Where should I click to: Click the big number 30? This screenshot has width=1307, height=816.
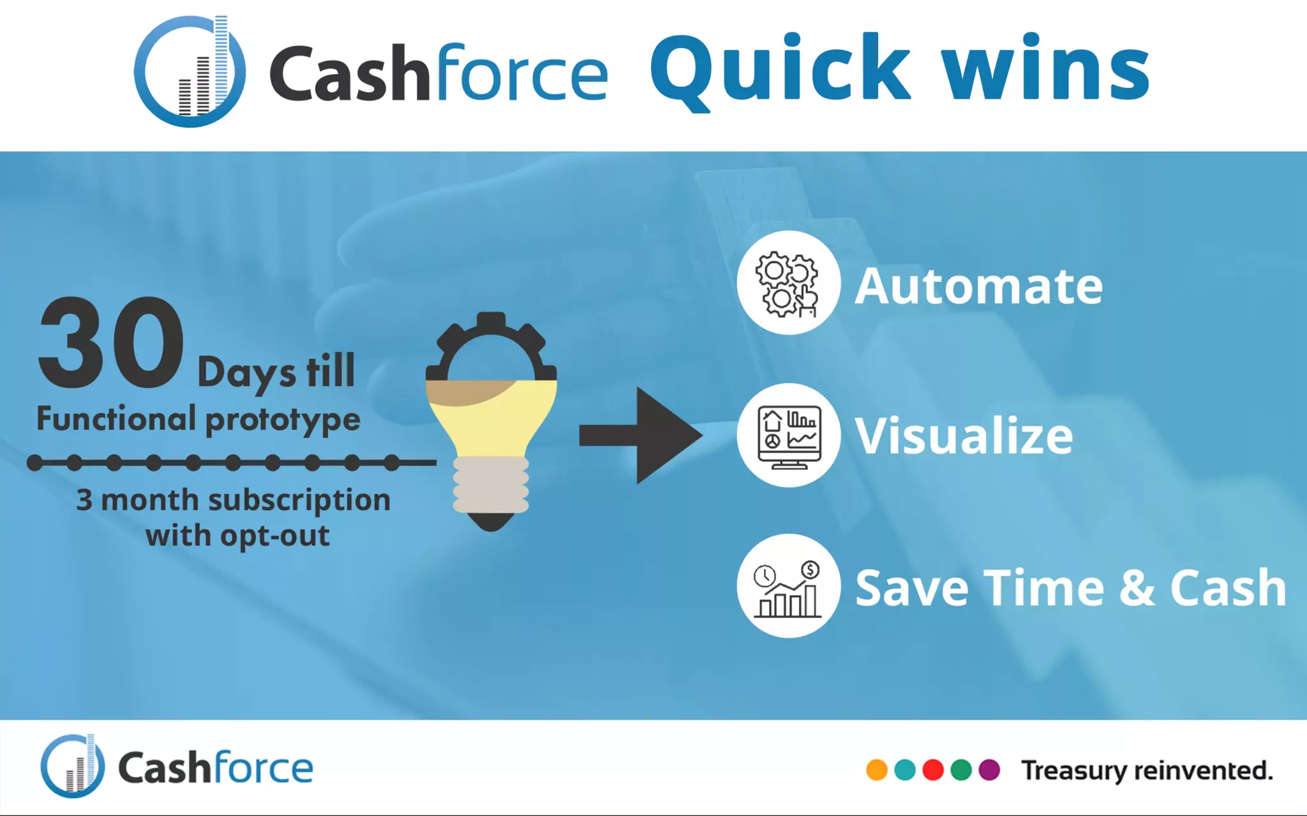pyautogui.click(x=112, y=343)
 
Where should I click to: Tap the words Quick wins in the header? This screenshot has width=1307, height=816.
pyautogui.click(x=900, y=69)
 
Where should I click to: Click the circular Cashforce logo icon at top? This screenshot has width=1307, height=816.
pyautogui.click(x=190, y=72)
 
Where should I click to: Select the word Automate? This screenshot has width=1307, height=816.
pyautogui.click(x=978, y=286)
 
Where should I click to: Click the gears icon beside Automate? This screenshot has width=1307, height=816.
pyautogui.click(x=788, y=283)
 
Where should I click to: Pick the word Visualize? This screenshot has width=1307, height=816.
pyautogui.click(x=964, y=436)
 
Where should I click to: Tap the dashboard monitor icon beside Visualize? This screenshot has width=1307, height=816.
pyautogui.click(x=789, y=436)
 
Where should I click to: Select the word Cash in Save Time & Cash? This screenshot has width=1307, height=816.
pyautogui.click(x=1228, y=587)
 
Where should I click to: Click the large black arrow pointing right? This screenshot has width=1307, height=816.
pyautogui.click(x=641, y=435)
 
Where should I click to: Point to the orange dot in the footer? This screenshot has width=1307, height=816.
pyautogui.click(x=877, y=770)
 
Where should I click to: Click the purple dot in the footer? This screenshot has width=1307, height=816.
pyautogui.click(x=989, y=770)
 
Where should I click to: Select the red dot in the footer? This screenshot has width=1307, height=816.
pyautogui.click(x=933, y=770)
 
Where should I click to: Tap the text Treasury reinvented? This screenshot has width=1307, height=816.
pyautogui.click(x=1147, y=771)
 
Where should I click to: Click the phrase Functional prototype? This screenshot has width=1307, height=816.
pyautogui.click(x=198, y=419)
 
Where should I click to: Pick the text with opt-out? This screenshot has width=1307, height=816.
pyautogui.click(x=237, y=536)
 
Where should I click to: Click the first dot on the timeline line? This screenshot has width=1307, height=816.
pyautogui.click(x=35, y=463)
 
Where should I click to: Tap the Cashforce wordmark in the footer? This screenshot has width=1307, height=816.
pyautogui.click(x=215, y=768)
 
